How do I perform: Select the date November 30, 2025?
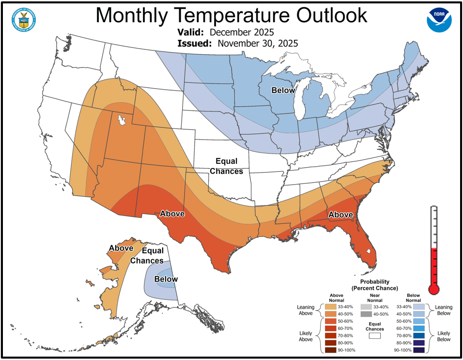click(x=257, y=43)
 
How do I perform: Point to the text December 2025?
click(x=242, y=32)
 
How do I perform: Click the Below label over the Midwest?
click(x=283, y=91)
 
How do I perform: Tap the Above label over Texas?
click(x=172, y=213)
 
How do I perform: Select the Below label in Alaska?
click(x=166, y=279)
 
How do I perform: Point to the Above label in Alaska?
click(x=121, y=248)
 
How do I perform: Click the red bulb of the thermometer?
click(x=434, y=289)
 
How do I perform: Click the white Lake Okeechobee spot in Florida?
click(x=370, y=251)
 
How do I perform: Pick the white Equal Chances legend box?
click(x=373, y=334)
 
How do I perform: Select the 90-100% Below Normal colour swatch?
click(x=419, y=350)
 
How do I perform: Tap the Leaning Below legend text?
click(x=443, y=310)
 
